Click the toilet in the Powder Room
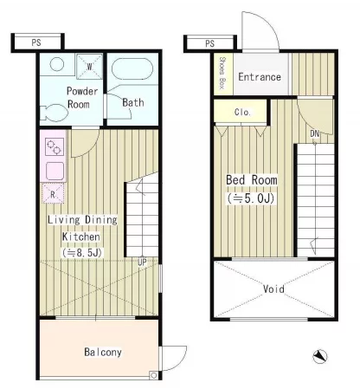pyautogui.click(x=55, y=113)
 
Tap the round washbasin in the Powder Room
pyautogui.click(x=57, y=64)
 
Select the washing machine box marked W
pyautogui.click(x=89, y=67)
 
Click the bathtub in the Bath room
pyautogui.click(x=132, y=68)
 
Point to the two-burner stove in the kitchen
pyautogui.click(x=54, y=147)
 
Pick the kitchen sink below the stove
pyautogui.click(x=55, y=171)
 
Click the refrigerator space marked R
pyautogui.click(x=53, y=193)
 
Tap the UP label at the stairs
pyautogui.click(x=142, y=262)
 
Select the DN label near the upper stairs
pyautogui.click(x=315, y=133)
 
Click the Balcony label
pyautogui.click(x=103, y=352)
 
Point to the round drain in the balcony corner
pyautogui.click(x=154, y=375)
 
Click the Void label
pyautogui.click(x=273, y=289)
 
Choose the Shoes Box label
pyautogui.click(x=222, y=73)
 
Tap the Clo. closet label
pyautogui.click(x=242, y=112)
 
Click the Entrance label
pyautogui.click(x=260, y=77)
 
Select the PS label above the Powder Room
pyautogui.click(x=36, y=42)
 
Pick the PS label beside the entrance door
pyautogui.click(x=210, y=43)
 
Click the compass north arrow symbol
pyautogui.click(x=320, y=357)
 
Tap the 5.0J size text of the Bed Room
pyautogui.click(x=251, y=198)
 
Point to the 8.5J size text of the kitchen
pyautogui.click(x=82, y=253)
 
